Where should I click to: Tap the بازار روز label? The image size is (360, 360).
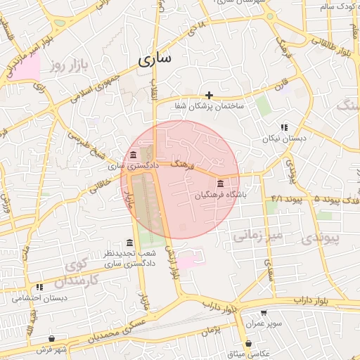(72, 66)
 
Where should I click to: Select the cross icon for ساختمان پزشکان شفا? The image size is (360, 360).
(209, 95)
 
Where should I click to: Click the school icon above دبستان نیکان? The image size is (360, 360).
(284, 127)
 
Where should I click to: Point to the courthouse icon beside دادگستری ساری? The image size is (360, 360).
(134, 155)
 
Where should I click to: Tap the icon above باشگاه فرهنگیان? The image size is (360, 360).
(221, 183)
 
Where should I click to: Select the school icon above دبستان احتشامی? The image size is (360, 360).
(40, 287)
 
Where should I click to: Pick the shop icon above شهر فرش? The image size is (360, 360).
(52, 338)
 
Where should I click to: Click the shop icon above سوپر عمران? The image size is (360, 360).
(264, 313)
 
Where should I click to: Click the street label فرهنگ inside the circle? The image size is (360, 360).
(181, 165)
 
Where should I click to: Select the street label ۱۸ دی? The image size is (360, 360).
(198, 30)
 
